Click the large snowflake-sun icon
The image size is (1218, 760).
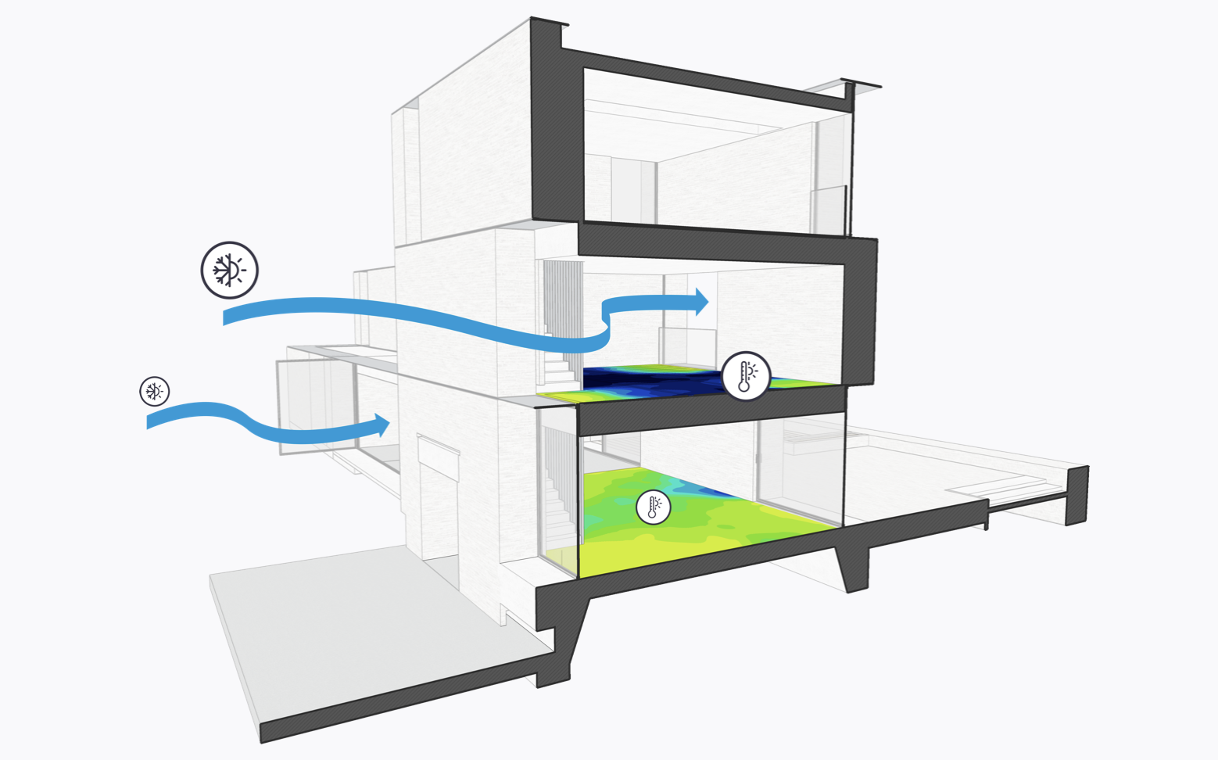(x=229, y=270)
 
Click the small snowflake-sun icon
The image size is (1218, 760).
(x=154, y=391)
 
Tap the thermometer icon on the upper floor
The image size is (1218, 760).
(x=746, y=376)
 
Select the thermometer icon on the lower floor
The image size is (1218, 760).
(x=653, y=507)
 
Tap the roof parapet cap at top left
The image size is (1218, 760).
(x=549, y=23)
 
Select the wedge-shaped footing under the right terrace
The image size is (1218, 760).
(x=852, y=567)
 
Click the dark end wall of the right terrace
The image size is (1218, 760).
(x=1077, y=495)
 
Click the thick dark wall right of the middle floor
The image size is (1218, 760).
(x=860, y=313)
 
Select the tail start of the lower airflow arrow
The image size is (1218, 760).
(x=151, y=421)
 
